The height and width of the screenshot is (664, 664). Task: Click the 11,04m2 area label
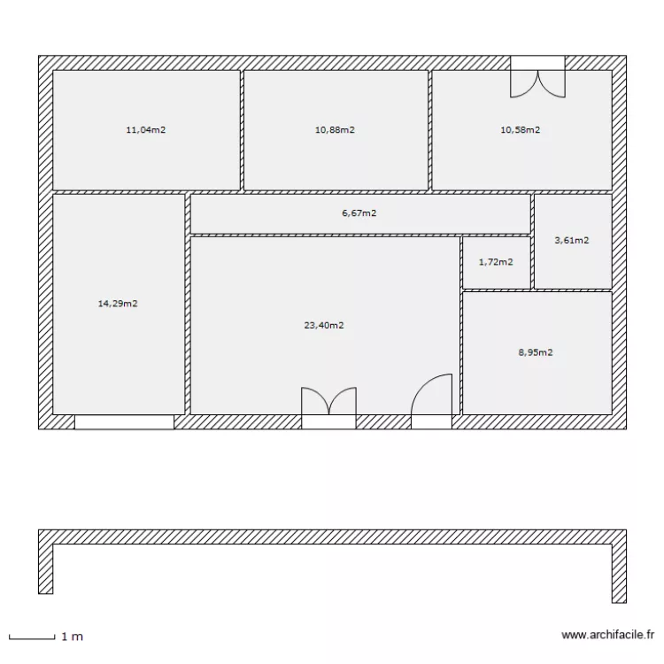tap(146, 130)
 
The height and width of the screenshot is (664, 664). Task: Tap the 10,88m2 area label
tap(335, 130)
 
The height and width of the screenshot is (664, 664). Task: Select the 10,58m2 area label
tap(521, 130)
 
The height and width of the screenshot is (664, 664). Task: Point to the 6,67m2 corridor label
tap(359, 213)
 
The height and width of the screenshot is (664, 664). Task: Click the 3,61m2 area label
tap(571, 240)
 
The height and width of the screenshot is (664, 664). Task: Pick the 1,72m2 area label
tap(496, 262)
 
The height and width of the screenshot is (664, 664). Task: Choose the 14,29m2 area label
tap(117, 304)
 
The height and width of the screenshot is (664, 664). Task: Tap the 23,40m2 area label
tap(324, 325)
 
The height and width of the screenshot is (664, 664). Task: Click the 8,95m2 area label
tap(536, 352)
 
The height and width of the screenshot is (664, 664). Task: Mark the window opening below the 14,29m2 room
tap(124, 422)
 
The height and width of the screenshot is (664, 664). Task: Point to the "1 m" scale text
tap(72, 636)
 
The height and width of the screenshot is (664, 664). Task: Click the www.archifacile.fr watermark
tap(608, 635)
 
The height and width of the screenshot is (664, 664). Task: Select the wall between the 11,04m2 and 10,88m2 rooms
tap(242, 130)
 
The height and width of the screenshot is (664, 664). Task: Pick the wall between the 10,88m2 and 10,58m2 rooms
tap(430, 130)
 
